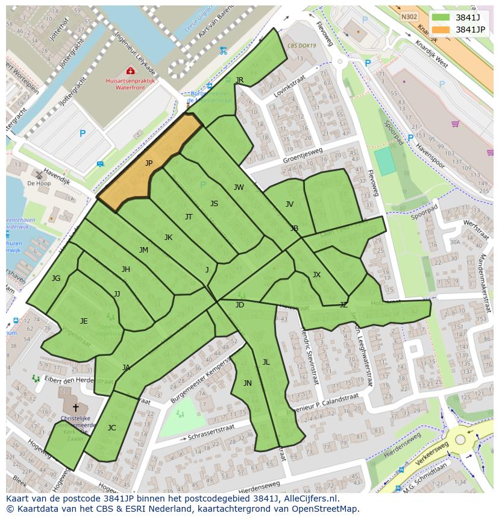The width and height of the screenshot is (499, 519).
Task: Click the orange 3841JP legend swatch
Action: click(x=441, y=29)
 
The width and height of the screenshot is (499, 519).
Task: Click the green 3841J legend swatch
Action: click(x=441, y=17)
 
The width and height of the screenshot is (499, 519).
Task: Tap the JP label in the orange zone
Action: click(x=149, y=163)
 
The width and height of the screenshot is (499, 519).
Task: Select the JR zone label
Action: click(x=239, y=80)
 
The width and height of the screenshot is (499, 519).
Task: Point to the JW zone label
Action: click(x=239, y=187)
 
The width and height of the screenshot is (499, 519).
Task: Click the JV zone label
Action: click(x=289, y=204)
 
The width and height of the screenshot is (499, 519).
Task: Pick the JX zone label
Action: click(x=316, y=275)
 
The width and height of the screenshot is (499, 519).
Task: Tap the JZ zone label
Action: click(x=344, y=305)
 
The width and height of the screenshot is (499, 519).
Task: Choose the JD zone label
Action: click(x=240, y=305)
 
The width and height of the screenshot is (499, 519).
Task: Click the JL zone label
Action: click(x=266, y=362)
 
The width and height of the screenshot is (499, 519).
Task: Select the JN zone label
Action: click(x=247, y=383)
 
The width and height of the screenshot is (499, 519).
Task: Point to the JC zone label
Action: click(x=111, y=428)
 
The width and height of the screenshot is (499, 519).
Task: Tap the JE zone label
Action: click(x=84, y=321)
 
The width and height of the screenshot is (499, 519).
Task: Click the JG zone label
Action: click(x=56, y=278)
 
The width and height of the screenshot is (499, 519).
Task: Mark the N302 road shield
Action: click(x=409, y=17)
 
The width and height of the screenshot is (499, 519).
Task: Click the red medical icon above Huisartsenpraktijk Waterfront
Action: click(x=130, y=71)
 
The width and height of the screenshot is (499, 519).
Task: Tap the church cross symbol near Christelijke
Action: click(x=75, y=407)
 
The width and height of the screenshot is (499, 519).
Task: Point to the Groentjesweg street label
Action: click(x=303, y=156)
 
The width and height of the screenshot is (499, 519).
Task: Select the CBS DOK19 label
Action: click(x=301, y=46)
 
